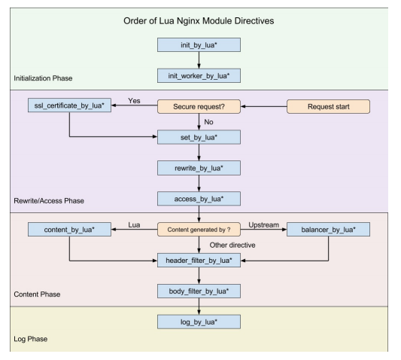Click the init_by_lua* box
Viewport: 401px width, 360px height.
[x=199, y=44]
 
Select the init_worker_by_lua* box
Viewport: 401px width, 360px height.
[x=199, y=75]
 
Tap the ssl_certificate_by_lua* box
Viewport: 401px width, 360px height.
[x=69, y=105]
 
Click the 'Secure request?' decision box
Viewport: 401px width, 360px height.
[x=199, y=106]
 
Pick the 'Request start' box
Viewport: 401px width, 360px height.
[x=328, y=106]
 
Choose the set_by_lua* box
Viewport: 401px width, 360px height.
[x=199, y=137]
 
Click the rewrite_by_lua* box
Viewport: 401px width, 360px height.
[x=199, y=168]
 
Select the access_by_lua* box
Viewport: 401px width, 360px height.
[x=199, y=199]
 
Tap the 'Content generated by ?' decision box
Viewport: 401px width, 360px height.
[x=199, y=229]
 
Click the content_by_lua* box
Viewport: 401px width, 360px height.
[x=69, y=229]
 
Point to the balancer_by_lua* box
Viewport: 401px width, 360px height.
[x=328, y=229]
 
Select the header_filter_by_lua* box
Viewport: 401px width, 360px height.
[x=199, y=260]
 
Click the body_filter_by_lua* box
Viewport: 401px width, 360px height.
[x=199, y=291]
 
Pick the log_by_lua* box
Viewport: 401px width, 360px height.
[x=199, y=322]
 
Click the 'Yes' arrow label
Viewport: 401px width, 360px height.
[x=134, y=101]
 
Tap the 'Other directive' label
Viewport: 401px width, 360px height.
[x=232, y=245]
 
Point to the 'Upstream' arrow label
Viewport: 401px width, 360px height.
[x=263, y=224]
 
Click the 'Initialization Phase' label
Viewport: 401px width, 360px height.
[x=43, y=78]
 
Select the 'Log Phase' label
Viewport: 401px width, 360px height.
[x=30, y=339]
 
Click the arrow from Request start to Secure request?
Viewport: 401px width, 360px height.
[x=263, y=106]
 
